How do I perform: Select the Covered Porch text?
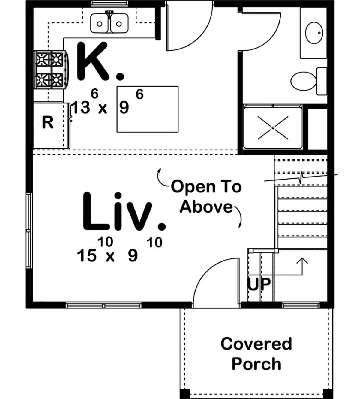click(x=256, y=353)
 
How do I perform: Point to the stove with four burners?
click(x=51, y=70)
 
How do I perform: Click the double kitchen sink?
click(x=109, y=23)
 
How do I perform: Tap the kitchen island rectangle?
click(x=148, y=109)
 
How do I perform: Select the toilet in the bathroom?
click(x=309, y=81)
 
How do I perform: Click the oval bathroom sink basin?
click(x=314, y=33)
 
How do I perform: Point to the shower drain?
click(x=273, y=128)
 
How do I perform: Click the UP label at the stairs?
click(x=259, y=284)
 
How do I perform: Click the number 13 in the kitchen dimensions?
click(x=80, y=107)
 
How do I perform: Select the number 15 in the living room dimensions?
click(x=86, y=256)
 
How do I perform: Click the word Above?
click(x=206, y=207)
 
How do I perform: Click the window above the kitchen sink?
click(x=109, y=3)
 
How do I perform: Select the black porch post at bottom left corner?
click(x=184, y=394)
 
